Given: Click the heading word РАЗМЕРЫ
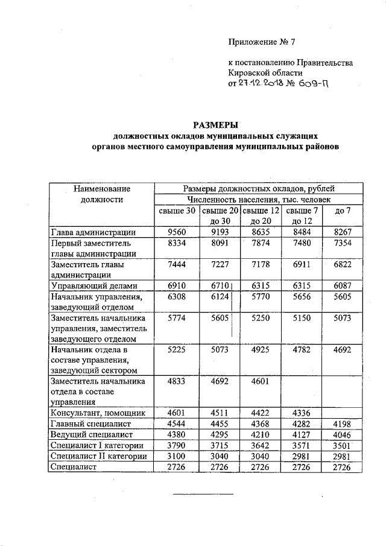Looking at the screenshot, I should pyautogui.click(x=216, y=125).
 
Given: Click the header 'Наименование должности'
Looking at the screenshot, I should pyautogui.click(x=101, y=194).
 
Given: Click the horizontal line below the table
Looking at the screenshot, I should pyautogui.click(x=203, y=494).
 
